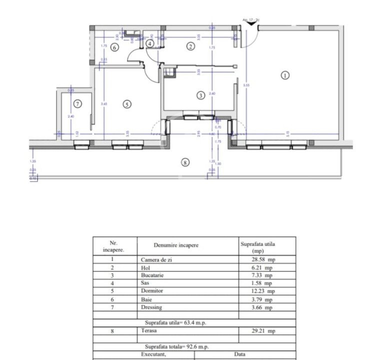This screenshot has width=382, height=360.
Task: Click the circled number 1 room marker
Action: point(285,76)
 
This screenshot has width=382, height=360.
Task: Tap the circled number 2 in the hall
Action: point(190,46)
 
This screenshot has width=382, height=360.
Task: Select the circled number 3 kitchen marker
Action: point(200,95)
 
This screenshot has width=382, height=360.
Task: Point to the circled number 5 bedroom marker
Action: point(127,104)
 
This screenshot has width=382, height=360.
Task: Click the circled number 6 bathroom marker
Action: point(114,47)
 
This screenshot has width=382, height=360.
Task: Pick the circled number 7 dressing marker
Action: point(77,104)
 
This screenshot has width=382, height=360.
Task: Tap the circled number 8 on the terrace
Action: point(185,162)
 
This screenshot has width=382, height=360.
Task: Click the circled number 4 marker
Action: point(150,44)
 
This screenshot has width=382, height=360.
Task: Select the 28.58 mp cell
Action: point(263,259)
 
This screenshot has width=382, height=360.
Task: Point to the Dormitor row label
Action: point(151,291)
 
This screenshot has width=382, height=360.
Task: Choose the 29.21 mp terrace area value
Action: point(263,331)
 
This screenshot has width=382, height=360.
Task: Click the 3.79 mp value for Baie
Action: point(263,299)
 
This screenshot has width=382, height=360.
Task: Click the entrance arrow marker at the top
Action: point(251,21)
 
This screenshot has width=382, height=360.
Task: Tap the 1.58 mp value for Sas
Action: point(263,283)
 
